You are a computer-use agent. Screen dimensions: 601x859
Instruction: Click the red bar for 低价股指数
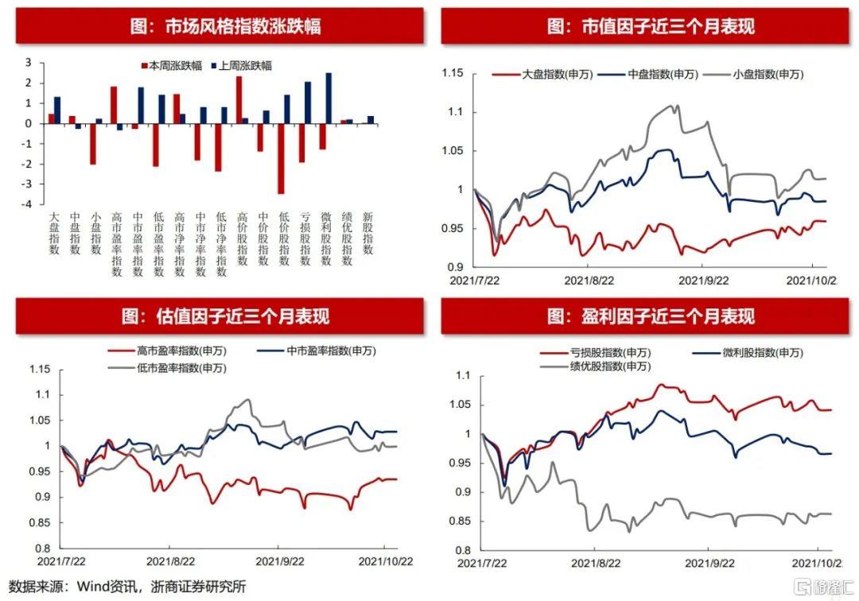[x=281, y=158]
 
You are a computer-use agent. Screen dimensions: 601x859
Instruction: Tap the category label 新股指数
[x=368, y=233]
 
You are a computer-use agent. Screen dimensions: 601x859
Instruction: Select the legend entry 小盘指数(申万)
[x=767, y=75]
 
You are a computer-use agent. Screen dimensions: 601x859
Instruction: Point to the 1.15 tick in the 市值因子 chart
[x=451, y=74]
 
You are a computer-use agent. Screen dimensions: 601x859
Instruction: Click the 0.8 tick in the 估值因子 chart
[x=40, y=549]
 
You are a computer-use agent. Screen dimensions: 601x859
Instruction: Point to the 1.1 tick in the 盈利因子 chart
[x=464, y=376]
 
